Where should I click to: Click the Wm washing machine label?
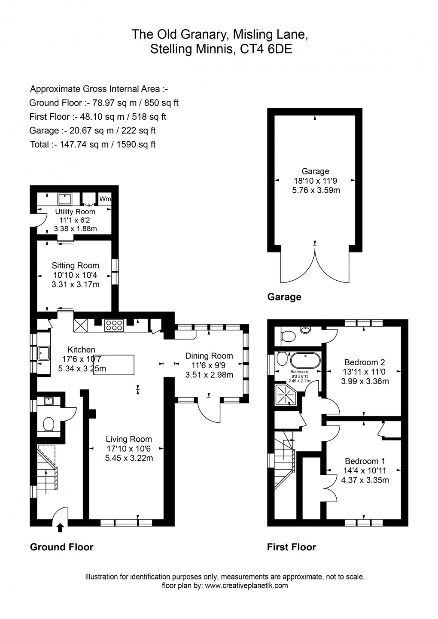point(105,199)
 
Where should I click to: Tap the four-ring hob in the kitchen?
point(114,325)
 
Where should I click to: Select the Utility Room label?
point(75,212)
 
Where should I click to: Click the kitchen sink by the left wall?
point(44,353)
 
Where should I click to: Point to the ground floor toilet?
point(49,425)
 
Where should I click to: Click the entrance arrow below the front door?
point(60,528)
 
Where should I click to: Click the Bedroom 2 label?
point(365,362)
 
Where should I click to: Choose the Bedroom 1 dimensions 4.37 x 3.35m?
point(365,480)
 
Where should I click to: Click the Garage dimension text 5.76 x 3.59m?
point(316,191)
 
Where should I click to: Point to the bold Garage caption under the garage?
point(284,297)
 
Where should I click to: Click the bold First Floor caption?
point(292,547)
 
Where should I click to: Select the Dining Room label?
point(209,356)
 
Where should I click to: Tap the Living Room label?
point(129,439)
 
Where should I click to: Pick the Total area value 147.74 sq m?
point(84,145)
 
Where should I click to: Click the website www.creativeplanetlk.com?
point(246,585)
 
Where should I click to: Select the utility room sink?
point(65,199)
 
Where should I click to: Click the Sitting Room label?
point(75,266)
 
